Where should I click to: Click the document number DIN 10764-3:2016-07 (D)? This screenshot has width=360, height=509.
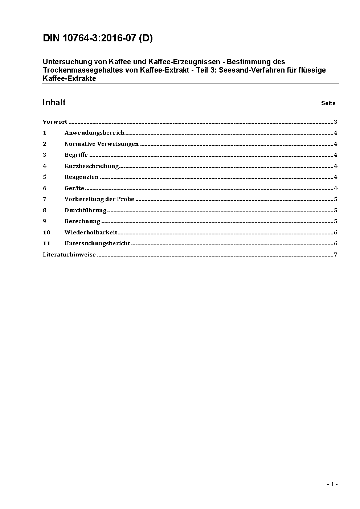[x=98, y=38]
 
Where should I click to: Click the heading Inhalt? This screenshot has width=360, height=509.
[x=54, y=102]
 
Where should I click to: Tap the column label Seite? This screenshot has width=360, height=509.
[x=328, y=103]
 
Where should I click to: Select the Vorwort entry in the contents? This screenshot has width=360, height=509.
[x=55, y=122]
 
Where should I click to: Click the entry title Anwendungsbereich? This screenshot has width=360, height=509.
[x=94, y=133]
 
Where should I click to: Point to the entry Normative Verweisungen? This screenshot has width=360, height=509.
[x=101, y=144]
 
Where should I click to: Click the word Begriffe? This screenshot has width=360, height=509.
[x=76, y=155]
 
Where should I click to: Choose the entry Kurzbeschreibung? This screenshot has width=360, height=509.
[x=91, y=166]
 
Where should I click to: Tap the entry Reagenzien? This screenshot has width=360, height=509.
[x=81, y=177]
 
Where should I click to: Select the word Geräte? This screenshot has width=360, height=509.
[x=74, y=188]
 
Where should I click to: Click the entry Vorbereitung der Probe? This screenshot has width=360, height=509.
[x=99, y=199]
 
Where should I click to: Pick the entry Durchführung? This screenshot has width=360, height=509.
[x=85, y=210]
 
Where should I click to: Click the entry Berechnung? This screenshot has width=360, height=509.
[x=82, y=221]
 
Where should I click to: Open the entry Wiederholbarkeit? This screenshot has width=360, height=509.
[x=91, y=233]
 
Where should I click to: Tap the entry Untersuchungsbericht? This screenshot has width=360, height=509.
[x=97, y=243]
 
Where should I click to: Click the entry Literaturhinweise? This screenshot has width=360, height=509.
[x=69, y=255]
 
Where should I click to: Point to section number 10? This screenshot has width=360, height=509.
[x=46, y=233]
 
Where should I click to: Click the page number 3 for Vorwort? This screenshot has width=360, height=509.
[x=335, y=122]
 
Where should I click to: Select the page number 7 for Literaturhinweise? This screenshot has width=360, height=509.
[x=335, y=255]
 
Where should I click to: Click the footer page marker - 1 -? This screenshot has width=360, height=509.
[x=332, y=484]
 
